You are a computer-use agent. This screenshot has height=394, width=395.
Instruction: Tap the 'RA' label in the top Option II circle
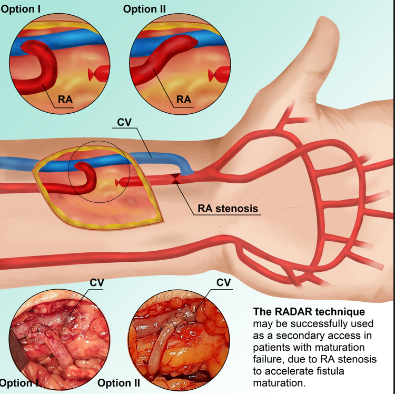coord(183,99)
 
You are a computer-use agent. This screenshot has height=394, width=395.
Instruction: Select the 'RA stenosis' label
coord(228,209)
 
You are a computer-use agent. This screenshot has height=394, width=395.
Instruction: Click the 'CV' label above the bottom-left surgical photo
coord(96,283)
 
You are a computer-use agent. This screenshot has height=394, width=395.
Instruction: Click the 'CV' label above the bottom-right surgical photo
coord(224,283)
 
